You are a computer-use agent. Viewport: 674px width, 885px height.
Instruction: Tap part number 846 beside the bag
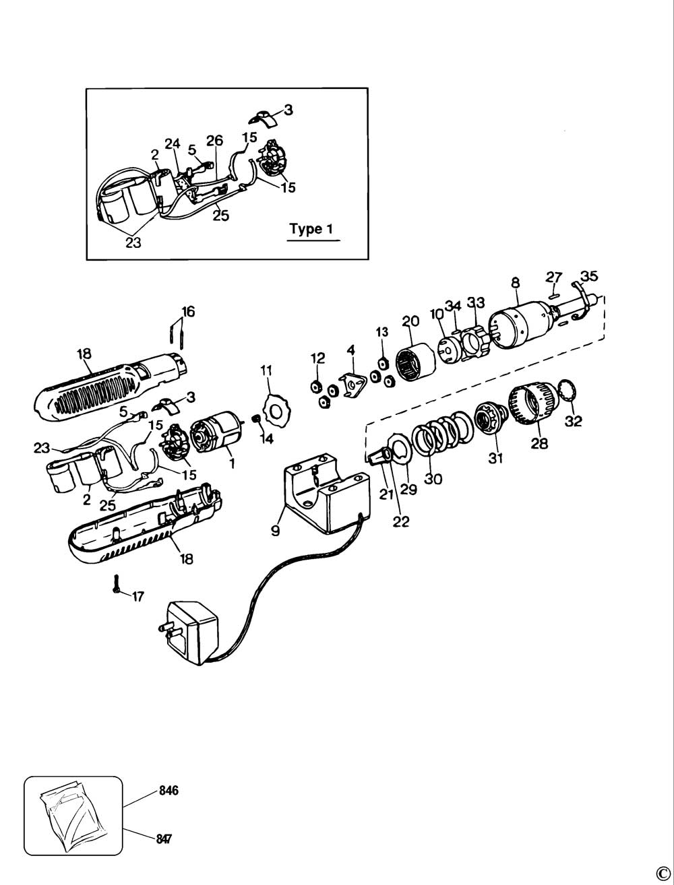(x=168, y=791)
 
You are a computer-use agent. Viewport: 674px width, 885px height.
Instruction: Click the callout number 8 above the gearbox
(x=516, y=283)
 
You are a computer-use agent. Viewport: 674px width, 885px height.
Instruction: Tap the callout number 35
(x=588, y=276)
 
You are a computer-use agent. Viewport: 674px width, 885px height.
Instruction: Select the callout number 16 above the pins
(x=188, y=311)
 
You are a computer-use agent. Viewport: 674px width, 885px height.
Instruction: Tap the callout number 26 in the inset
(x=214, y=141)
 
